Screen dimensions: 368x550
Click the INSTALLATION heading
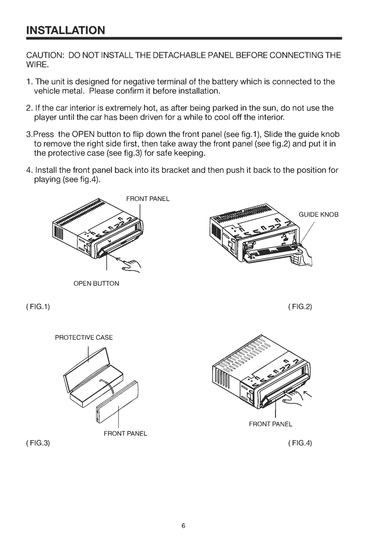[x=66, y=30]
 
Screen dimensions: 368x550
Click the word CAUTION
[x=45, y=55]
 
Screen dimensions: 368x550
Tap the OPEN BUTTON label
[x=96, y=283]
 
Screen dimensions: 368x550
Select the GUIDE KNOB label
[x=318, y=214]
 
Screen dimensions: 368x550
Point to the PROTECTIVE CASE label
[x=84, y=337]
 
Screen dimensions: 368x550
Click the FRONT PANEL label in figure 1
[x=148, y=199]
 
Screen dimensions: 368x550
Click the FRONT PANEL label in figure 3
[x=125, y=433]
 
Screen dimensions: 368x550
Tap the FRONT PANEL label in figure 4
[x=271, y=424]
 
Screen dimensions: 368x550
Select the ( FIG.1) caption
[x=38, y=307]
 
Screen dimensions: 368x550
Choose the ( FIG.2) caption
[x=300, y=307]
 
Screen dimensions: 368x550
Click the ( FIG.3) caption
[x=38, y=443]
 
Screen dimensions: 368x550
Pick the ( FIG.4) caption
[x=300, y=443]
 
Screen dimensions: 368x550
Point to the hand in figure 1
[x=132, y=266]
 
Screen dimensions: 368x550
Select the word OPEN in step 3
[x=83, y=134]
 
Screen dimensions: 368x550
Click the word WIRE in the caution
[x=38, y=65]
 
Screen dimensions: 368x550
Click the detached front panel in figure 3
[x=117, y=402]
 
